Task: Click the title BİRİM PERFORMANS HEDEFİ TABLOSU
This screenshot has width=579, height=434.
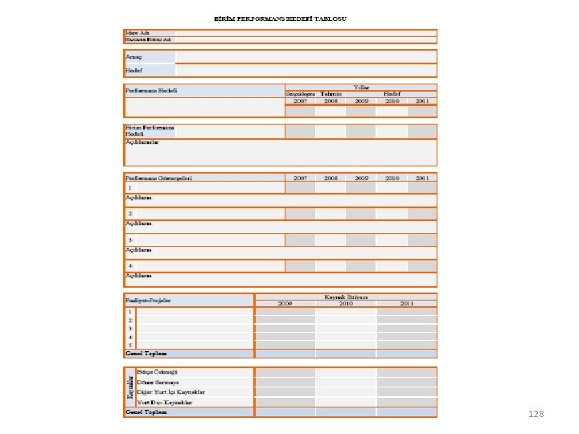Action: tap(281, 18)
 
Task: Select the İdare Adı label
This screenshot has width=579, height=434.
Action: tap(136, 32)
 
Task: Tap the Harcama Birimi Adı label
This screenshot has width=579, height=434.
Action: tap(149, 39)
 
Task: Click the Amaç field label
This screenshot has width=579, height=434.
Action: tap(133, 56)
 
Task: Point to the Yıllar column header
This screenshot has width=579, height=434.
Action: tap(361, 86)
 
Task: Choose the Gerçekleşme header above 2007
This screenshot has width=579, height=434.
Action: tap(300, 94)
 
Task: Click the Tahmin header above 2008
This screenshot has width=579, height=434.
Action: tap(331, 94)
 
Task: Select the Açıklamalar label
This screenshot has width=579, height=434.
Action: tap(142, 142)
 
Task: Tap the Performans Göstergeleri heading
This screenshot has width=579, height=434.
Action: tap(158, 178)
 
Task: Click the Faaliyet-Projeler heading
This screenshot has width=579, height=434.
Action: tap(149, 301)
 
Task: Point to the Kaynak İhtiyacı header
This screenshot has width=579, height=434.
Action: tap(346, 297)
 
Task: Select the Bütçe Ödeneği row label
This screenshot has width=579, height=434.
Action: tap(157, 372)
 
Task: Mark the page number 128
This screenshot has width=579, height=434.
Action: tap(536, 414)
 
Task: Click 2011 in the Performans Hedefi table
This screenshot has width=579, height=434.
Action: tap(422, 101)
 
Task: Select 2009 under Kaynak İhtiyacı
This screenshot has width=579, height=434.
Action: tap(285, 304)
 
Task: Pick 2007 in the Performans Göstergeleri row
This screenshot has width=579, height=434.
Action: tap(300, 178)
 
